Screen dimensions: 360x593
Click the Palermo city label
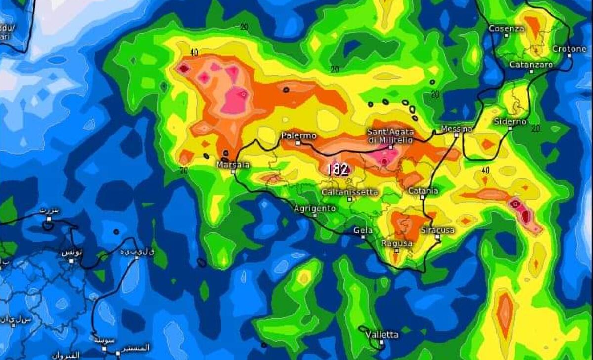298,135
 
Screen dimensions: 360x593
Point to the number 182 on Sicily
337,170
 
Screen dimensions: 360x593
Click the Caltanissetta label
349,192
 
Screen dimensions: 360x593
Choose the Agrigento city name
314,209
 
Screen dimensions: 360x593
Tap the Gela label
363,230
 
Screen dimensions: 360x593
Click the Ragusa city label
397,243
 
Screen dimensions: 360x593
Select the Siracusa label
437,230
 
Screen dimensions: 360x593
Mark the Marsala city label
233,165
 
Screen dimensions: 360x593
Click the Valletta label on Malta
382,335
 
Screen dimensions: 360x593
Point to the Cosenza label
507,29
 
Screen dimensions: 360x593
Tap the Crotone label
569,49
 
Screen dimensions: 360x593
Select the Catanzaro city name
531,64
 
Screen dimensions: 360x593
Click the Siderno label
510,121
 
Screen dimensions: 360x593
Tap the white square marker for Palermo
298,143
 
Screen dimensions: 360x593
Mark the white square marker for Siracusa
437,237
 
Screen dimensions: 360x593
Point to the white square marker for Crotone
569,56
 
